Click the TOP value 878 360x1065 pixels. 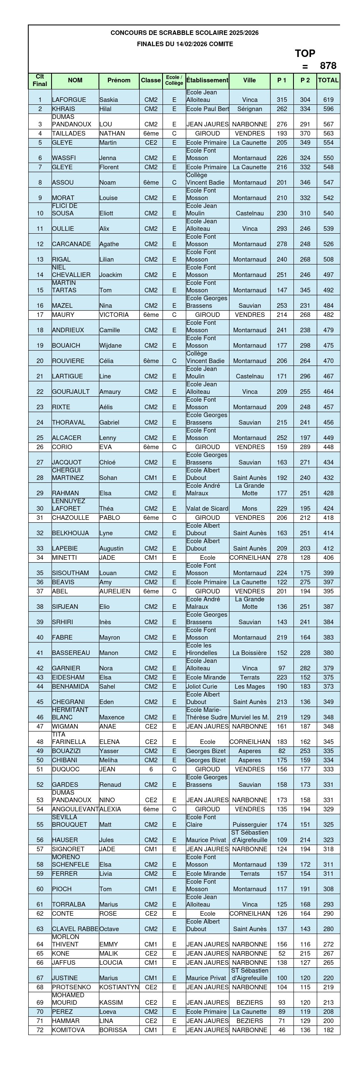pyautogui.click(x=328, y=66)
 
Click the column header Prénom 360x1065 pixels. pyautogui.click(x=119, y=80)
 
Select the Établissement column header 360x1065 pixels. pyautogui.click(x=207, y=80)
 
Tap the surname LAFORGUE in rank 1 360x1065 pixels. pyautogui.click(x=69, y=100)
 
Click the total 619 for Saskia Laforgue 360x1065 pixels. pyautogui.click(x=328, y=100)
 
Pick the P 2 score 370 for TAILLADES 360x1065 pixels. pyautogui.click(x=305, y=133)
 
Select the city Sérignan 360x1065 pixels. pyautogui.click(x=250, y=109)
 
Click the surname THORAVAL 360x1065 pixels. pyautogui.click(x=69, y=423)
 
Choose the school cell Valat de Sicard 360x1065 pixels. pyautogui.click(x=207, y=509)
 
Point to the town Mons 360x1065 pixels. pyautogui.click(x=250, y=509)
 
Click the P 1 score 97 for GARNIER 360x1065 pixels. pyautogui.click(x=282, y=668)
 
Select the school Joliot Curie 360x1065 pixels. pyautogui.click(x=202, y=687)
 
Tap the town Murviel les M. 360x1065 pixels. pyautogui.click(x=250, y=717)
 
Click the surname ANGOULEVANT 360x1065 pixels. pyautogui.click(x=75, y=809)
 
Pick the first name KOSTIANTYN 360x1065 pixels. pyautogui.click(x=119, y=987)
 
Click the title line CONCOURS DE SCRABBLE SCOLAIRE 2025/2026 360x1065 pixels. pyautogui.click(x=185, y=33)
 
